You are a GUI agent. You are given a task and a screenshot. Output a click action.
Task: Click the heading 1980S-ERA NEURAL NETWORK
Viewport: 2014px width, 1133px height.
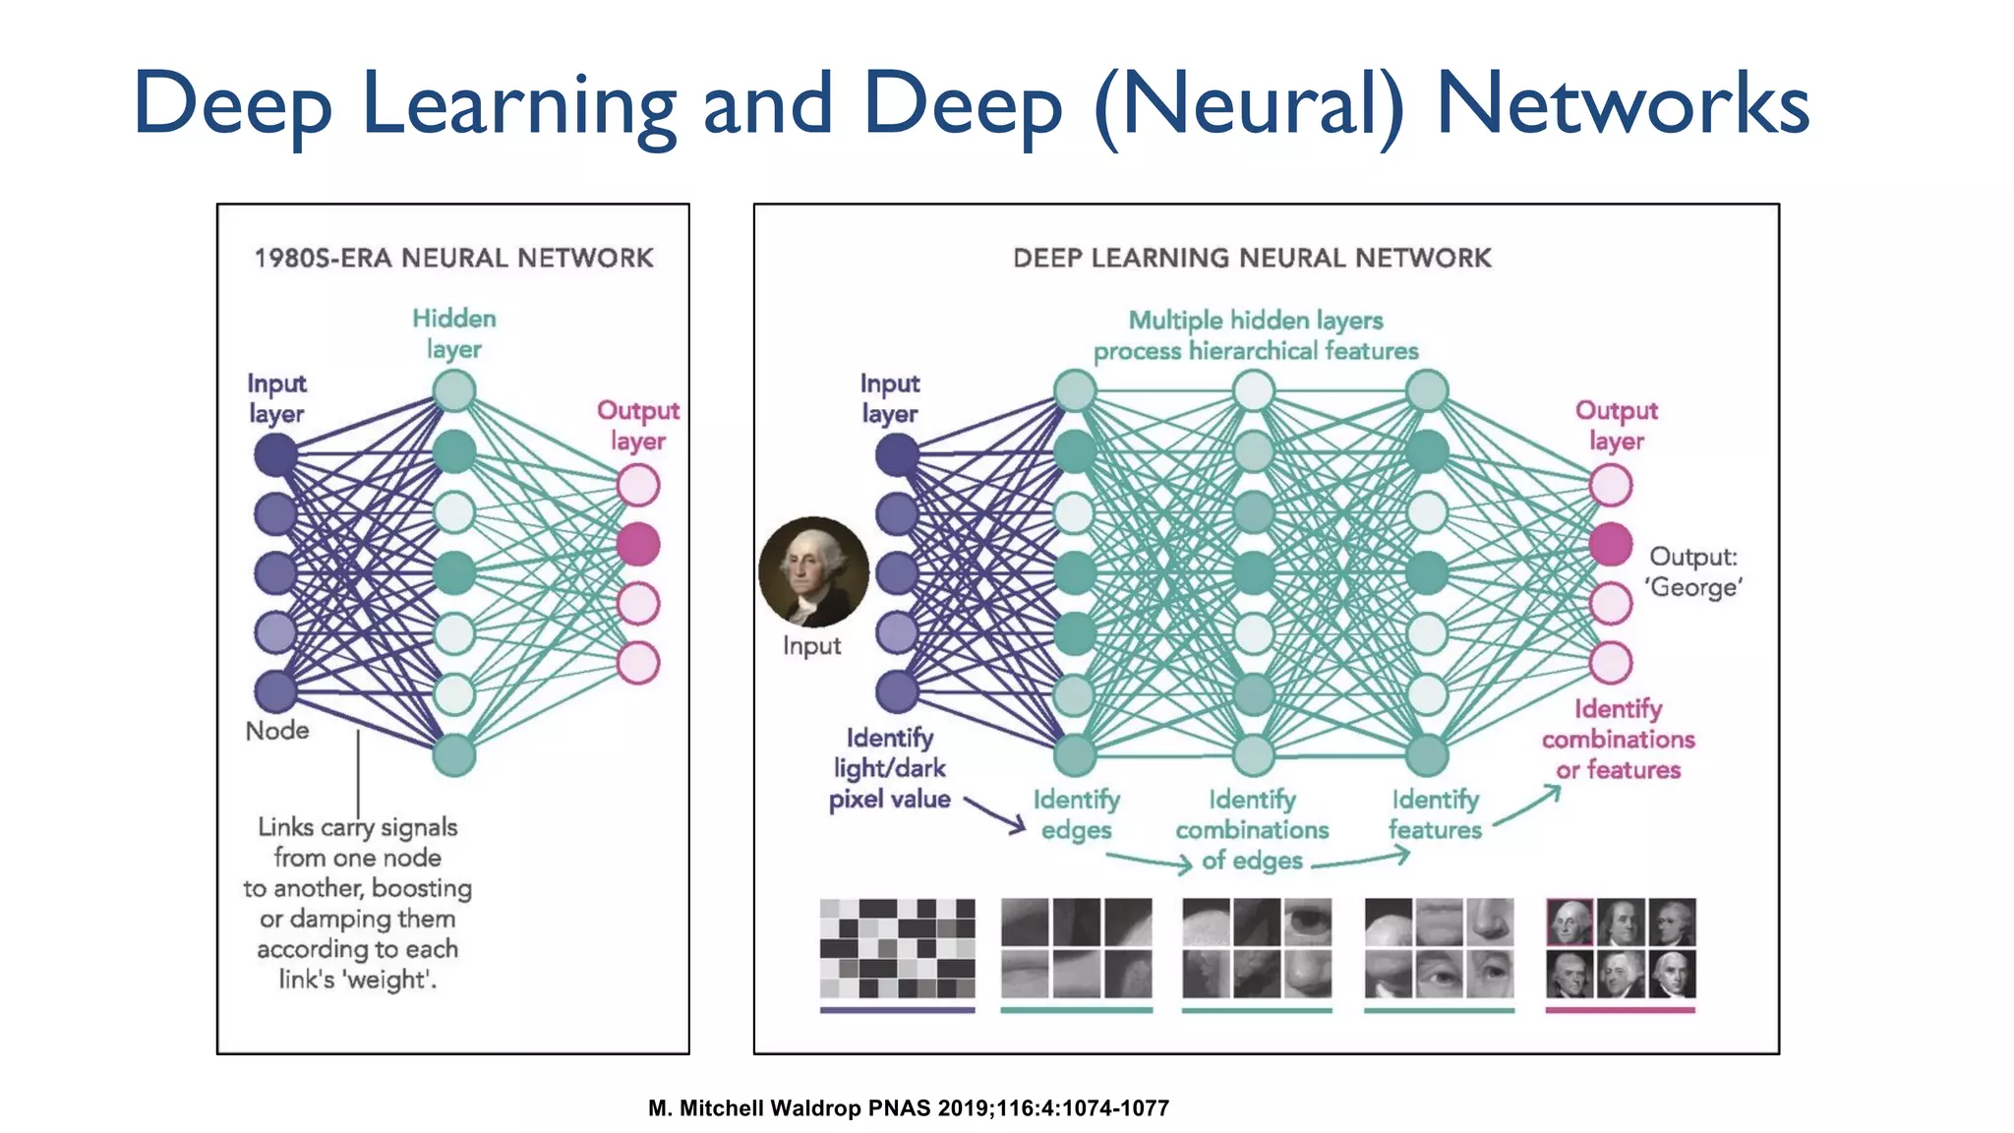tap(453, 258)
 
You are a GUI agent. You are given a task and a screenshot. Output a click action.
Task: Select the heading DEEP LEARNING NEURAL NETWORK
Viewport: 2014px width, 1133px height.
tap(1252, 258)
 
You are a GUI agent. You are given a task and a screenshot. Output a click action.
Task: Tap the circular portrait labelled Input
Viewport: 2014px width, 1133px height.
tap(813, 571)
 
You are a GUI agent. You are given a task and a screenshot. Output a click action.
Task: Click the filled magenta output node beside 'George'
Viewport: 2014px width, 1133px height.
tap(1611, 544)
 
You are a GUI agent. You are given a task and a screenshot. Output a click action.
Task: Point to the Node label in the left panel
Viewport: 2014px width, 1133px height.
tap(277, 731)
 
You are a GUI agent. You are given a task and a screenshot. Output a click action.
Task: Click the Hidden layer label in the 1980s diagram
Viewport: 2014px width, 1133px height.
tap(454, 333)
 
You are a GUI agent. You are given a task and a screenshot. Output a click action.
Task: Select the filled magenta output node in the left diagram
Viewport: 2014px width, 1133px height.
tap(638, 544)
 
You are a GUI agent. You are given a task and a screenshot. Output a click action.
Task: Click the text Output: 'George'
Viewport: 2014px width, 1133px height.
tap(1694, 571)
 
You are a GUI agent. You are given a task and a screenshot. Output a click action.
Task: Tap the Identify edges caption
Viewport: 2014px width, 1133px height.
tap(1076, 814)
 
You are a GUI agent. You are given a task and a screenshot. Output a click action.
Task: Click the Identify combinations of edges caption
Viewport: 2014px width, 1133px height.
tap(1252, 830)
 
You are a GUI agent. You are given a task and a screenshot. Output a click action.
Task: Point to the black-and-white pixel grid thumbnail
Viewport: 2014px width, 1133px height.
tap(897, 948)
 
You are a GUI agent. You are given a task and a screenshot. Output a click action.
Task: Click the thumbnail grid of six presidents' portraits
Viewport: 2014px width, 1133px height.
tap(1621, 948)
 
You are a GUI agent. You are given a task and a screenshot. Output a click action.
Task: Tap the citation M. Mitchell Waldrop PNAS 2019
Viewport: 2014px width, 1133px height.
tap(909, 1108)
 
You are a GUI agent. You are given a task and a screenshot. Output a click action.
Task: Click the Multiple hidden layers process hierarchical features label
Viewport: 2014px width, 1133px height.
tap(1256, 335)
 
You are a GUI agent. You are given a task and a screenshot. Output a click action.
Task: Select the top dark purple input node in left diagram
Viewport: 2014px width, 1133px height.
tap(275, 454)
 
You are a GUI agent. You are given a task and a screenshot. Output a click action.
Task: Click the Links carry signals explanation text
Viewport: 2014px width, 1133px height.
tap(358, 903)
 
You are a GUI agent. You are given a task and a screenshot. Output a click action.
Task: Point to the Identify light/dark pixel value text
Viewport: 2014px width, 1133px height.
tap(890, 768)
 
